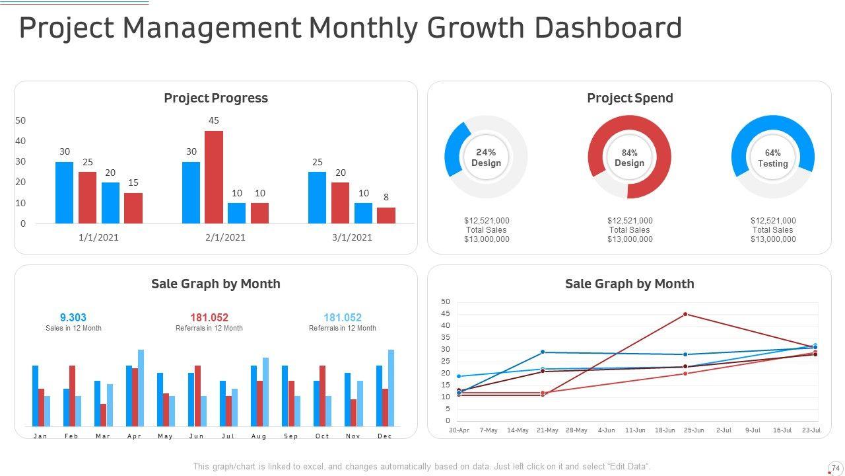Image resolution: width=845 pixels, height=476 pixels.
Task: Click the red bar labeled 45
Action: click(214, 177)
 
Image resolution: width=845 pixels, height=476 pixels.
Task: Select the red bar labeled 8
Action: click(386, 216)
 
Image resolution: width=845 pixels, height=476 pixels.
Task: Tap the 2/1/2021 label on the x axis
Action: click(225, 237)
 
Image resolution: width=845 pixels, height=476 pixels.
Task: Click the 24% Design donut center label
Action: click(486, 157)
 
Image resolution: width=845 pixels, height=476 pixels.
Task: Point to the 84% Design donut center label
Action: click(629, 158)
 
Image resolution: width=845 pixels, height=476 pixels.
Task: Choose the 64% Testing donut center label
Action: click(772, 158)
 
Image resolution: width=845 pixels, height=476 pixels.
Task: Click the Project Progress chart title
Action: click(216, 98)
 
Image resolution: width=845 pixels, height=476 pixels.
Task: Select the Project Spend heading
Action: click(630, 98)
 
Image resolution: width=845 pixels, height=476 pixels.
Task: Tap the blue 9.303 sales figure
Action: click(73, 317)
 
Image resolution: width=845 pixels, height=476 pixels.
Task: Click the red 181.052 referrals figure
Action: click(209, 317)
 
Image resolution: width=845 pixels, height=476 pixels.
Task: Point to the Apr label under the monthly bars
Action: click(134, 436)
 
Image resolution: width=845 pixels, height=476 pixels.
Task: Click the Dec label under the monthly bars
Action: click(385, 436)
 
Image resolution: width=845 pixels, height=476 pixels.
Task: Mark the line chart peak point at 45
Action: click(685, 314)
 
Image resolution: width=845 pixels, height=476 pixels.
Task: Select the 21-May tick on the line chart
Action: click(547, 430)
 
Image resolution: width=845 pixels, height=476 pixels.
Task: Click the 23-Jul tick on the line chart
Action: click(811, 430)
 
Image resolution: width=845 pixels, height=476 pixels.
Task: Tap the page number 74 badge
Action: click(836, 468)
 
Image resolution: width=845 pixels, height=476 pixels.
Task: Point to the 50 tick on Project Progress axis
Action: click(20, 120)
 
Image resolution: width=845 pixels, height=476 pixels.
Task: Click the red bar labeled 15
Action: click(133, 208)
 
